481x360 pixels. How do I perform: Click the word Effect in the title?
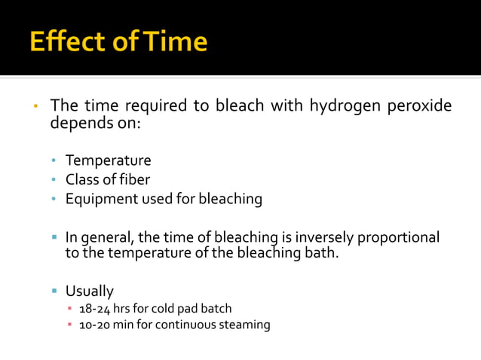point(65,41)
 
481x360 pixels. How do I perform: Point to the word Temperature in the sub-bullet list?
point(108,160)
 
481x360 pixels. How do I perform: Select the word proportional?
point(397,237)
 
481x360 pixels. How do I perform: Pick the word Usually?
point(89,291)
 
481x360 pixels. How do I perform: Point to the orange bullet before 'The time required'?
point(35,106)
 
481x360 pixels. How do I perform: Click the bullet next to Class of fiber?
point(54,180)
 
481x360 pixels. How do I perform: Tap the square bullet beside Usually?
point(54,291)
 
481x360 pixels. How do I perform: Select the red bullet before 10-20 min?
point(69,325)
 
